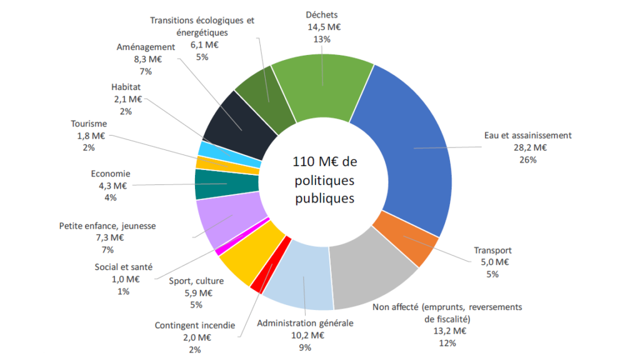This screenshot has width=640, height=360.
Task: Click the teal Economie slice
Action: click(x=225, y=184)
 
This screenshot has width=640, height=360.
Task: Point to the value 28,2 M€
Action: click(x=528, y=147)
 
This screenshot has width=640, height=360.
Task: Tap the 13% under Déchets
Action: click(x=323, y=39)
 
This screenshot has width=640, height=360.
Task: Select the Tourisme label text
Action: click(x=89, y=124)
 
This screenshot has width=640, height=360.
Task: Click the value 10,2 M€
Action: click(x=306, y=335)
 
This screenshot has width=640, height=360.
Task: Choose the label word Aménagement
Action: click(x=146, y=47)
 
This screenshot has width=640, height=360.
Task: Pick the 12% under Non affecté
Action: click(x=447, y=342)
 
